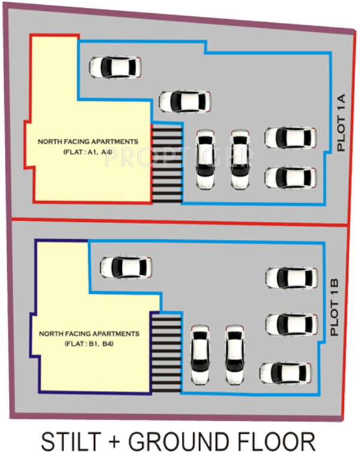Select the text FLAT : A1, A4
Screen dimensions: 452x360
[x=88, y=153]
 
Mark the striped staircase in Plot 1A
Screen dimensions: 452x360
[x=166, y=162]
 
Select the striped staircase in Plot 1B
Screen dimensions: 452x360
[x=165, y=353]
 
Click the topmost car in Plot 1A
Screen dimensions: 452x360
[x=116, y=67]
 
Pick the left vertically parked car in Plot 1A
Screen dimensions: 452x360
[x=206, y=159]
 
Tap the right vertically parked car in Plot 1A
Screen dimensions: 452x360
[x=240, y=159]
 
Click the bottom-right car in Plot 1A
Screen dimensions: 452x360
[x=291, y=177]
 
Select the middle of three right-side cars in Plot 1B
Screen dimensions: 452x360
[x=291, y=324]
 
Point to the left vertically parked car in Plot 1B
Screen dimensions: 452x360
[x=200, y=354]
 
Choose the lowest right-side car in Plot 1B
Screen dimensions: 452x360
[x=286, y=372]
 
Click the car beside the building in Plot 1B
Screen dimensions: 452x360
[x=126, y=267]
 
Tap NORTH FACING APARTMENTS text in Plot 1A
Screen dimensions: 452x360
[x=88, y=141]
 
